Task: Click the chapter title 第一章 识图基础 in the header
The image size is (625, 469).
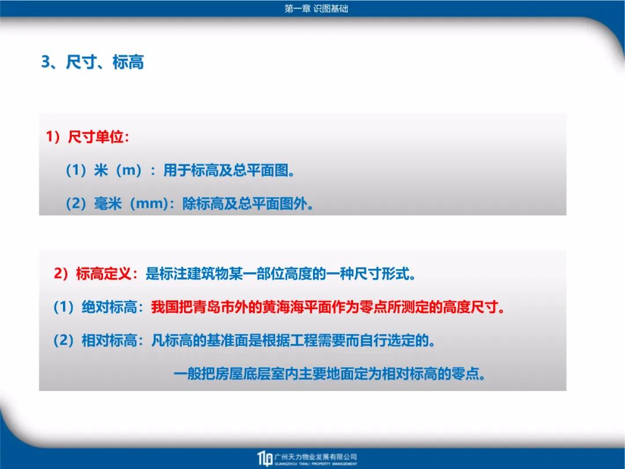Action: tap(316, 8)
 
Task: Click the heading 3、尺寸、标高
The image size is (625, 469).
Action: tap(93, 62)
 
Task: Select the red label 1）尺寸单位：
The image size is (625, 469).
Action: tap(88, 137)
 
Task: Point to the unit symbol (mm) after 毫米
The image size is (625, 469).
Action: tap(149, 204)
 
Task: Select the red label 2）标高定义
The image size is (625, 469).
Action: tap(93, 274)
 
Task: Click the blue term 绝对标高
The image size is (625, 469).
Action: tap(109, 307)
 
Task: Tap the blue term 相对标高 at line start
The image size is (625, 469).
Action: tap(109, 341)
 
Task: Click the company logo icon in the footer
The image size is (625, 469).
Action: tap(265, 459)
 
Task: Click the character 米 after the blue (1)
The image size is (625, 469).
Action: tap(101, 170)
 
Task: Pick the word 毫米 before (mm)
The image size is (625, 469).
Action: tap(108, 204)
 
